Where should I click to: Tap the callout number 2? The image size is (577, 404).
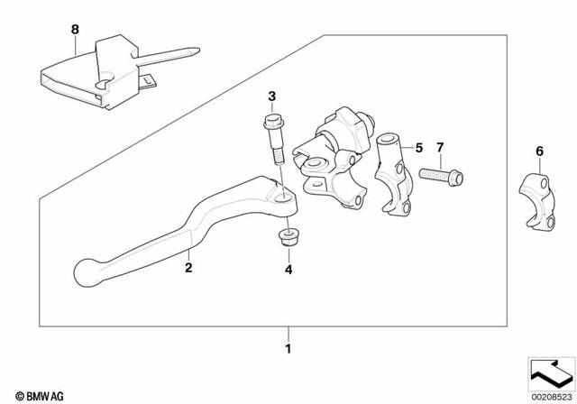pos(188,267)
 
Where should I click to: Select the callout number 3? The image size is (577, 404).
pos(270,96)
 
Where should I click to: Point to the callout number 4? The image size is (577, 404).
pos(288,269)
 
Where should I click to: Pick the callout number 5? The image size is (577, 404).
pos(418,146)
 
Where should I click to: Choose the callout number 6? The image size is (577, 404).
pos(539,151)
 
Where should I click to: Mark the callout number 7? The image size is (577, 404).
pos(440,146)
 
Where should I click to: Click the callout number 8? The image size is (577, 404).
pos(76,29)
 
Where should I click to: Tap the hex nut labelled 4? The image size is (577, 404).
pos(288,240)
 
